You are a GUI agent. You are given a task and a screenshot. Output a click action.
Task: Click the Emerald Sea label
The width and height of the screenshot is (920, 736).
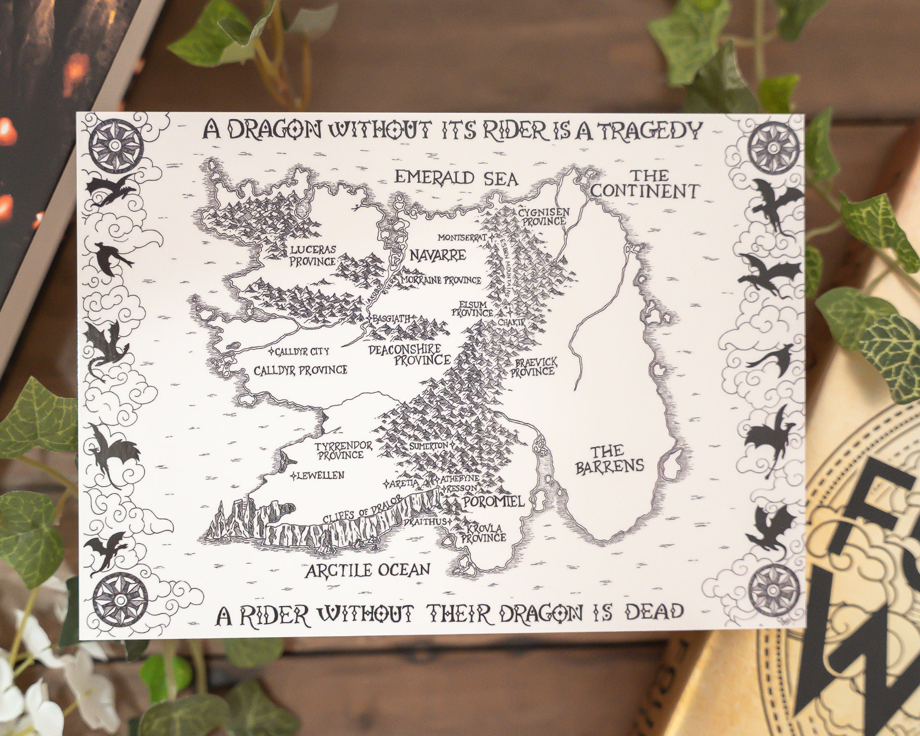(456, 178)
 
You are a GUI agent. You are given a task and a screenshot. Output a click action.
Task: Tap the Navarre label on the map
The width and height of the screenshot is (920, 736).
(438, 255)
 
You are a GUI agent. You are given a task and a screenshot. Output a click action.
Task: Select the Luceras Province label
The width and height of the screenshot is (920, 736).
(313, 255)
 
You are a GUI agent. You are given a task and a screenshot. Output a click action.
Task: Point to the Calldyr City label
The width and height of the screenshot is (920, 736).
(302, 352)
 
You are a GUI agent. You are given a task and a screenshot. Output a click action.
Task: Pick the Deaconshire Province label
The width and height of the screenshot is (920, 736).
(409, 355)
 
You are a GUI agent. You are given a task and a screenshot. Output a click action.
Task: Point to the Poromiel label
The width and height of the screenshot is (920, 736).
(493, 501)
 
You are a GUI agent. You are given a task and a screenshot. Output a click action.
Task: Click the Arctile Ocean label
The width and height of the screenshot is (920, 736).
(368, 570)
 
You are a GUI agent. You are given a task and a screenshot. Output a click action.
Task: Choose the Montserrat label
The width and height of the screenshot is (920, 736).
(462, 238)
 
